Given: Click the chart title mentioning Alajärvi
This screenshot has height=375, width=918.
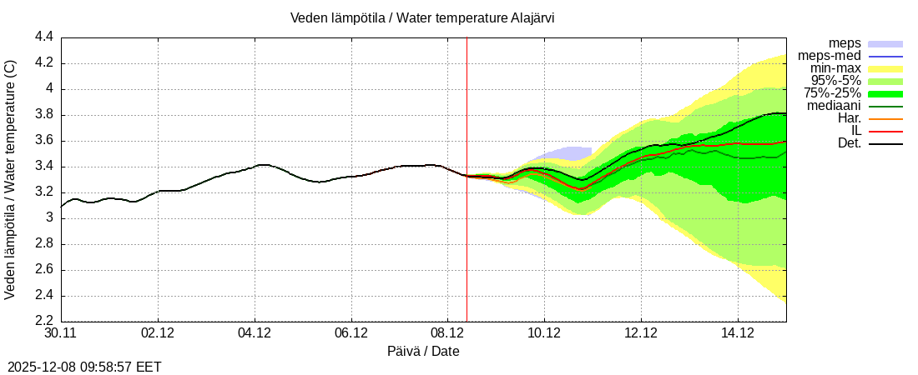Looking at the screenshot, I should click(x=422, y=17).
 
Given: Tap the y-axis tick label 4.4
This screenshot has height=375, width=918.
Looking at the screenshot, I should click(x=44, y=37).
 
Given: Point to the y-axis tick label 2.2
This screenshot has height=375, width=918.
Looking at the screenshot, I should click(x=44, y=322).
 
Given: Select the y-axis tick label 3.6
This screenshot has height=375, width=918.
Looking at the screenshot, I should click(x=44, y=141).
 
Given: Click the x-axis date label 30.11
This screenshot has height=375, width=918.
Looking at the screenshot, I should click(x=61, y=333).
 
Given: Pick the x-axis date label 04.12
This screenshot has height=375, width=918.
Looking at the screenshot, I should click(x=255, y=333).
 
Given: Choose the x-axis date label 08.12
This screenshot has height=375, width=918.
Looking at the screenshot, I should click(x=447, y=333).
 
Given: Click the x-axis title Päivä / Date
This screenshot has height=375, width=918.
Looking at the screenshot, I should click(x=423, y=352).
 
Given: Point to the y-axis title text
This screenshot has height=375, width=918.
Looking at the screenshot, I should click(x=11, y=179).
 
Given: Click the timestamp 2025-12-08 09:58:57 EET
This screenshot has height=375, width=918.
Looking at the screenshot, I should click(x=84, y=367).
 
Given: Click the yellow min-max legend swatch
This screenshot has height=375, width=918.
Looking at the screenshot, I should click(x=885, y=68).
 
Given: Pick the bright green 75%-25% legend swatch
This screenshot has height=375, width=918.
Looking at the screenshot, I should click(x=885, y=93).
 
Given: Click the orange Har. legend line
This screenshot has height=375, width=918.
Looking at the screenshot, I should click(x=885, y=118).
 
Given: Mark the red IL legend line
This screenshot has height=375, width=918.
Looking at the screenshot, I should click(x=885, y=131).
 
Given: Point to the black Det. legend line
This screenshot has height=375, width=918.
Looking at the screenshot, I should click(x=885, y=143).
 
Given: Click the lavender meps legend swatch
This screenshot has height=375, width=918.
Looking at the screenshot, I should click(x=885, y=43).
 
